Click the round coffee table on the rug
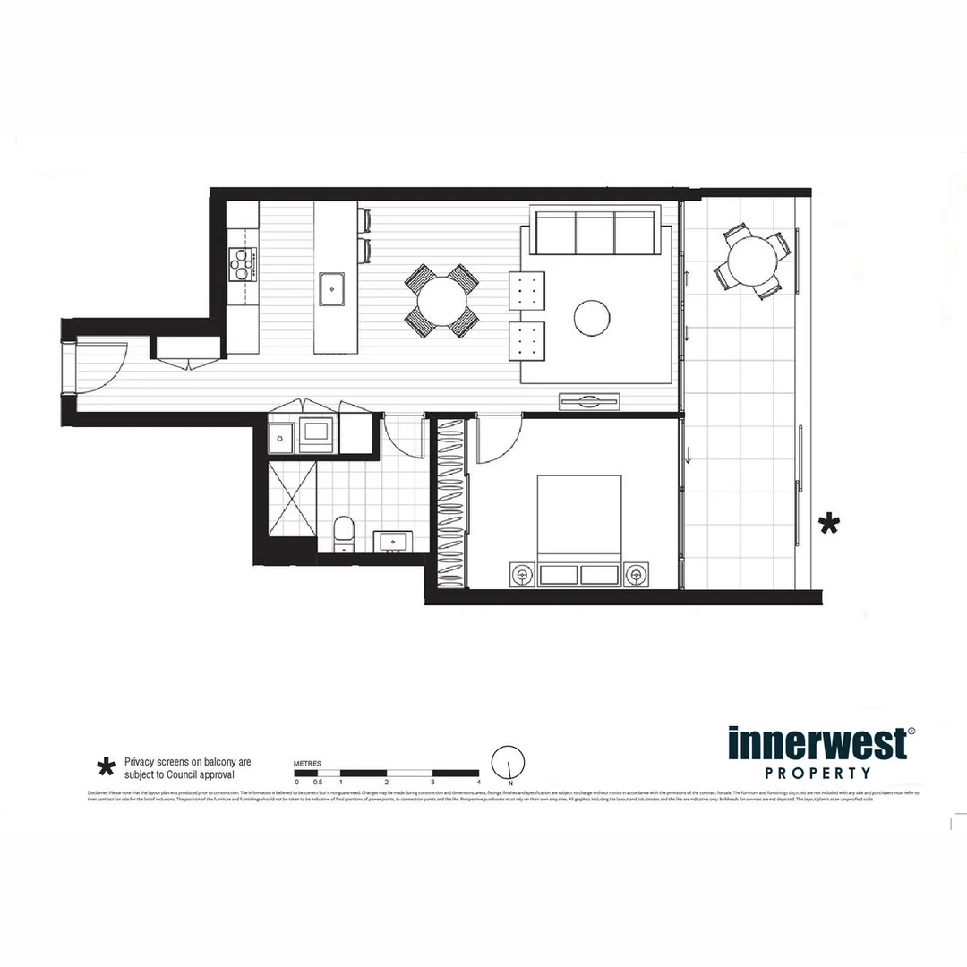(x=592, y=316)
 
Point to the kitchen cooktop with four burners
(x=242, y=263)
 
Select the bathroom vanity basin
(x=392, y=542)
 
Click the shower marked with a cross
(x=292, y=497)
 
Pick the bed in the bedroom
(x=579, y=530)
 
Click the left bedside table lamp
(x=521, y=573)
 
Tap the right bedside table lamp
(x=636, y=573)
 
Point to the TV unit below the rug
(x=590, y=401)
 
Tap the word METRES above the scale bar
(x=308, y=763)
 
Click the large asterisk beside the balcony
(x=830, y=524)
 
